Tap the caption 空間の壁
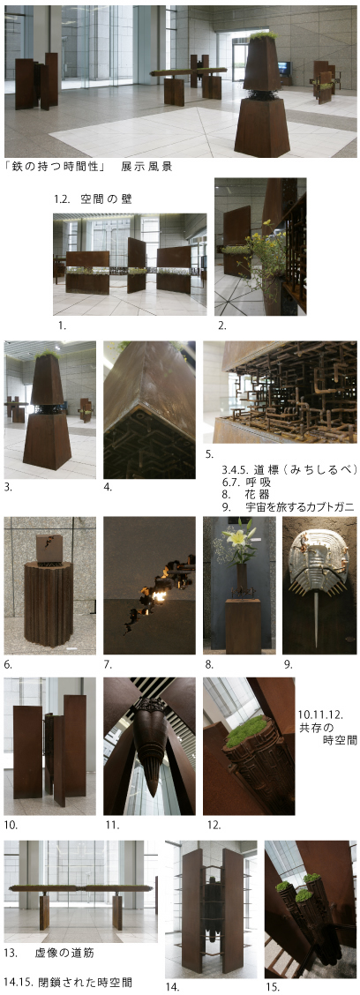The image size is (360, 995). coord(106,199)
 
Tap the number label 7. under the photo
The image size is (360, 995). coord(109,664)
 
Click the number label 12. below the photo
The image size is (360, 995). coord(213,825)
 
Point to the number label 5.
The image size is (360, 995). coord(208,454)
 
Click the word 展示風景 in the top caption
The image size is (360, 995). coord(146,167)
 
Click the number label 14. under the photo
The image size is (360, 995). coord(172,987)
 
